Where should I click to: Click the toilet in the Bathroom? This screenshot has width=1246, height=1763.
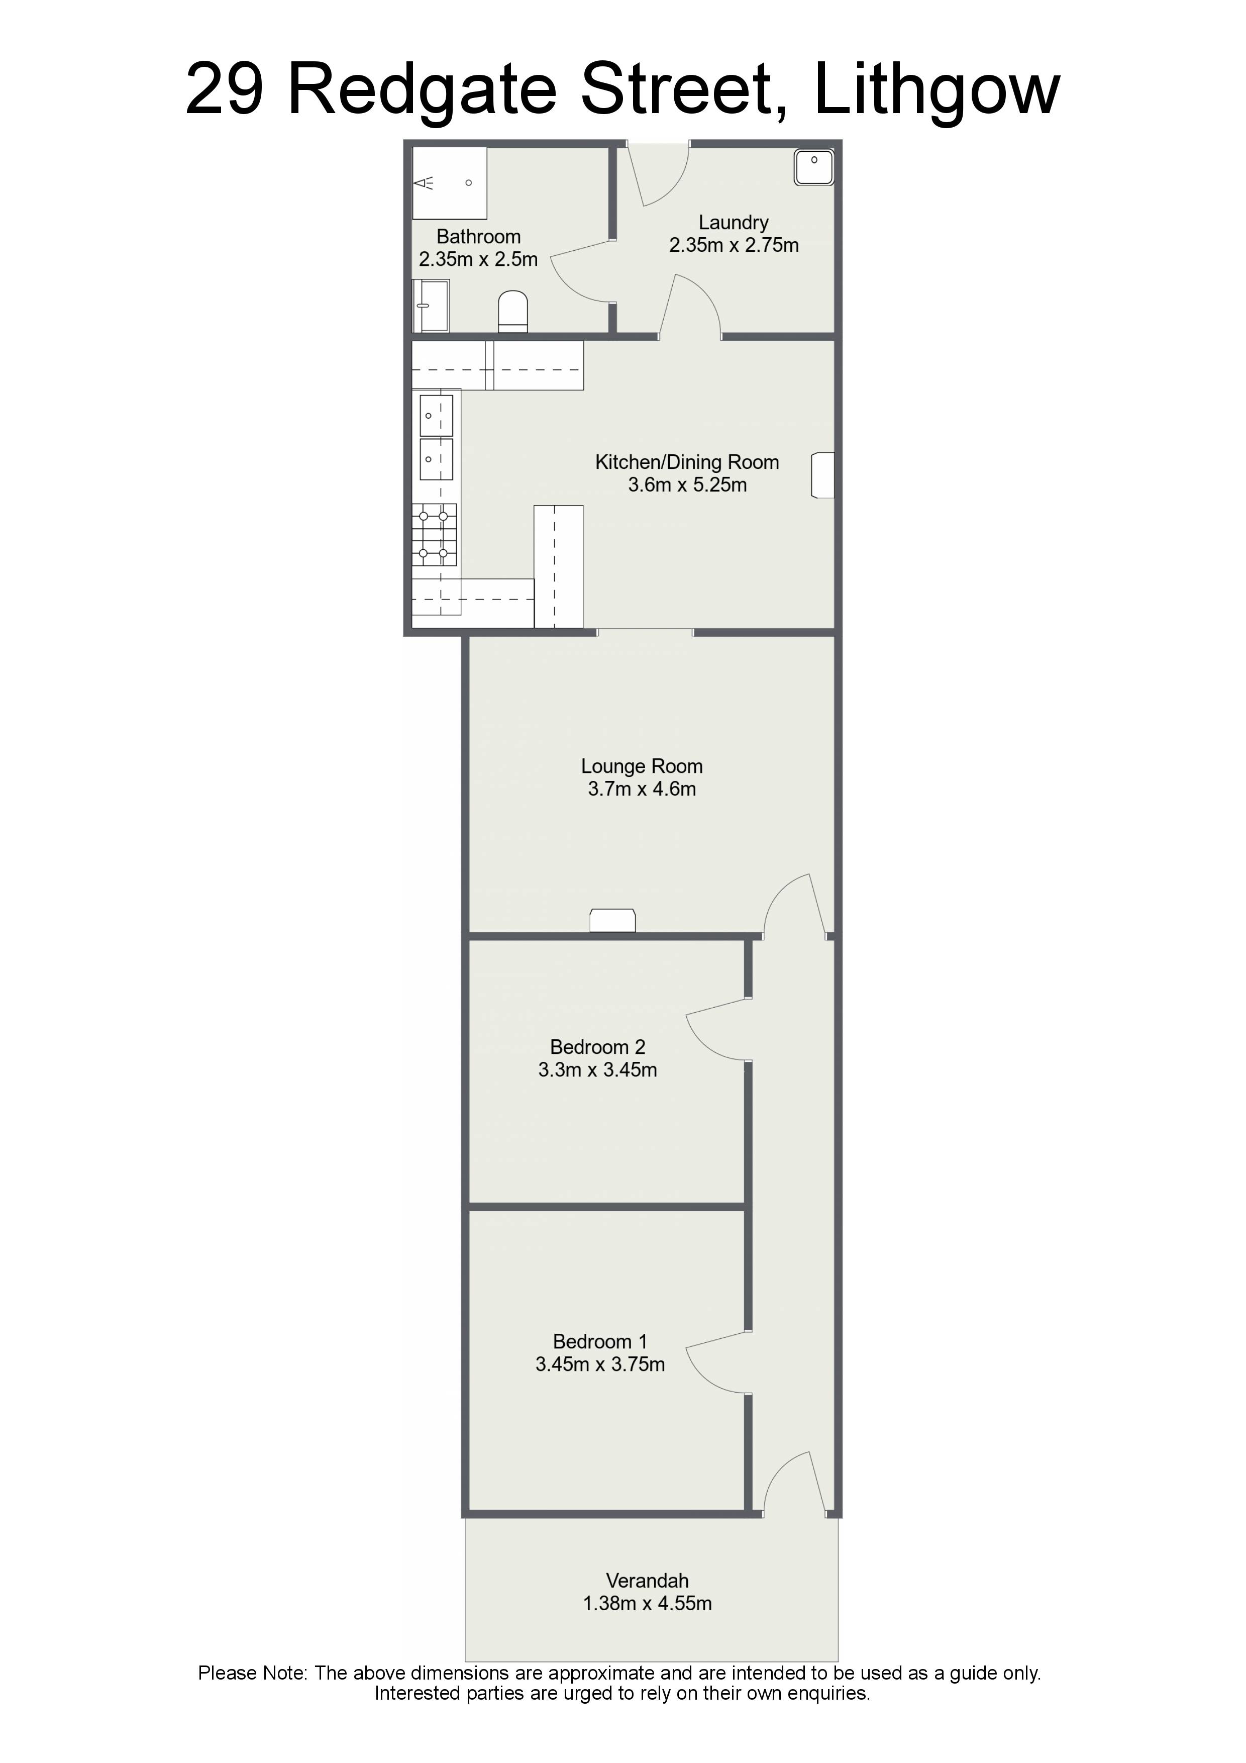(x=513, y=311)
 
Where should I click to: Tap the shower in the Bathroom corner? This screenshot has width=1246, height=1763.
(x=450, y=183)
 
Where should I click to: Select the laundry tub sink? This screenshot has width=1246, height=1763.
(x=814, y=167)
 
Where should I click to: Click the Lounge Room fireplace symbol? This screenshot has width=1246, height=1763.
(x=612, y=920)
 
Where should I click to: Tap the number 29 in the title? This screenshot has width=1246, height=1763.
(x=225, y=90)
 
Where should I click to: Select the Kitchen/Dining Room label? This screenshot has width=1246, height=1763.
(x=687, y=462)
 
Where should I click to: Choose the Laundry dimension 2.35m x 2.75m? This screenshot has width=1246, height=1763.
(x=734, y=246)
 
